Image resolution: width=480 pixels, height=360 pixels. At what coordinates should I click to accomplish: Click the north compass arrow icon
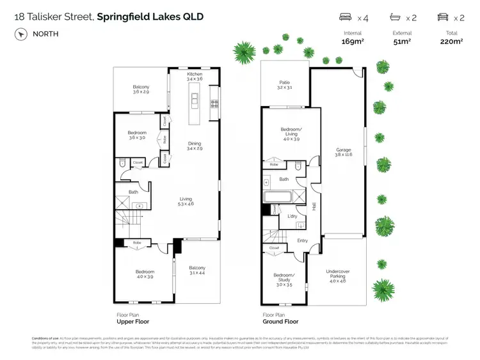pyautogui.click(x=19, y=33)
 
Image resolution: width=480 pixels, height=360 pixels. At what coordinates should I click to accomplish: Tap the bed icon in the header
pyautogui.click(x=345, y=17)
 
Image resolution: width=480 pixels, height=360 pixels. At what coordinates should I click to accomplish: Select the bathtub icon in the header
pyautogui.click(x=395, y=17)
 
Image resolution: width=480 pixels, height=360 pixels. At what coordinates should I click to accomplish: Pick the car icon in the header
pyautogui.click(x=442, y=17)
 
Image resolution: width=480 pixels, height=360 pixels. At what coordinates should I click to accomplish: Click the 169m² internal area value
pyautogui.click(x=353, y=42)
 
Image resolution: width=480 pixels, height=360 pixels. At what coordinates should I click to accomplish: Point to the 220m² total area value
pyautogui.click(x=451, y=42)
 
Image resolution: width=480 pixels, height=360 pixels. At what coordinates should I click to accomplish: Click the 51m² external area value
pyautogui.click(x=402, y=42)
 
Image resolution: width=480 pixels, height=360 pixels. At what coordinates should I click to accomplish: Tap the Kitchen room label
pyautogui.click(x=195, y=74)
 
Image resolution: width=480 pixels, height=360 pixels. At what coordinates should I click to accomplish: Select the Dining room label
pyautogui.click(x=195, y=143)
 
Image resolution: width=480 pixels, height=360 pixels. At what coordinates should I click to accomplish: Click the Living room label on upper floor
pyautogui.click(x=186, y=200)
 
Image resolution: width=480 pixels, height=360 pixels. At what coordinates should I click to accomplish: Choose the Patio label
pyautogui.click(x=285, y=82)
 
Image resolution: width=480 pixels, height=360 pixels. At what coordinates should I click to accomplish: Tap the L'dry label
pyautogui.click(x=292, y=216)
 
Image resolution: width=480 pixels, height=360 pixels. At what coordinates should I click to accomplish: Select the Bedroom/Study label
pyautogui.click(x=284, y=278)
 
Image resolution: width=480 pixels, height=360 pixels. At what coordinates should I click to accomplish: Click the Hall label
pyautogui.click(x=314, y=207)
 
